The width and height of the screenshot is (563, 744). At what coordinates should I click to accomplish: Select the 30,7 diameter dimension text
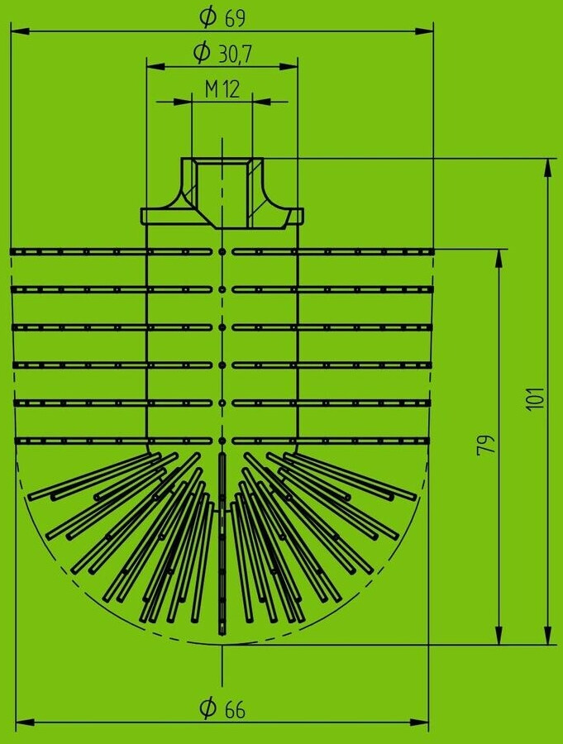[x=235, y=54]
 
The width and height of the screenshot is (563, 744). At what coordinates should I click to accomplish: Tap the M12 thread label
[x=222, y=89]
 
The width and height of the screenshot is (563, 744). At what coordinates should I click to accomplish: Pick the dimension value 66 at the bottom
[x=235, y=708]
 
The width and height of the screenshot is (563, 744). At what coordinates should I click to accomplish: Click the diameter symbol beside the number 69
[x=208, y=16]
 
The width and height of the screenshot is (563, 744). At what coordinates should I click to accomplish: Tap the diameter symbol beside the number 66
[x=208, y=708]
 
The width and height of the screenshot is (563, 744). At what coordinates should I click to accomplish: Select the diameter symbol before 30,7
[x=201, y=54]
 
